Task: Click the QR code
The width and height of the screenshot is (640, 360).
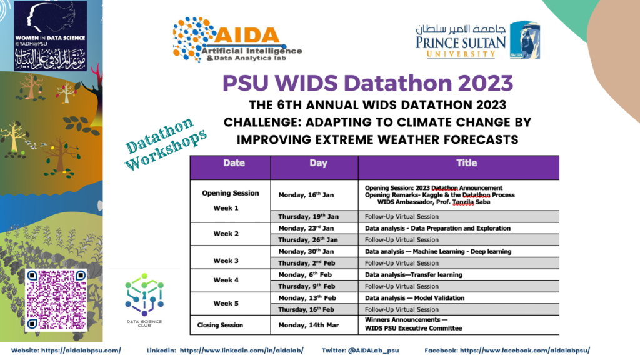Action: (56, 299)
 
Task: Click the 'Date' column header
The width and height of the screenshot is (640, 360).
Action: (229, 164)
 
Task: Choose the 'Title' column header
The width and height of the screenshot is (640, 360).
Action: (458, 164)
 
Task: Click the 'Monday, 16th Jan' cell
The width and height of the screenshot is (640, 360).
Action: (308, 195)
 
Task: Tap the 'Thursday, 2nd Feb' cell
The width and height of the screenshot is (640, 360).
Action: (307, 263)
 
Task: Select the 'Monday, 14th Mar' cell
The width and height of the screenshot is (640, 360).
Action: (307, 325)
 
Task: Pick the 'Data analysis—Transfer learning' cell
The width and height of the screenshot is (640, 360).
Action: (414, 275)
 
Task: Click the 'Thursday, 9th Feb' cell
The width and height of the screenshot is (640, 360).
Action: (306, 286)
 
